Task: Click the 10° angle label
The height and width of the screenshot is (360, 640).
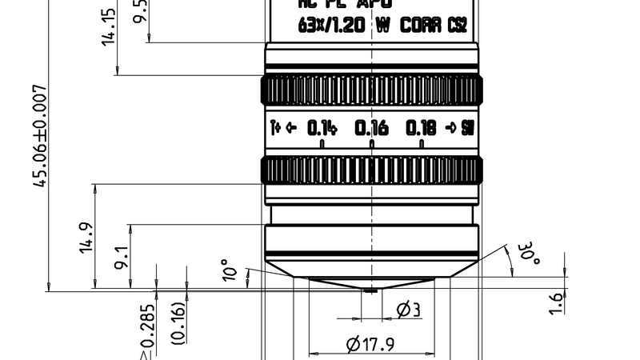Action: (230, 271)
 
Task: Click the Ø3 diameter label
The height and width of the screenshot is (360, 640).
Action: (408, 310)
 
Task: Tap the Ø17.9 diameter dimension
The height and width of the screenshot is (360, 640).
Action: (372, 345)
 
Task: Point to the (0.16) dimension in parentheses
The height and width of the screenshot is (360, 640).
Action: (179, 322)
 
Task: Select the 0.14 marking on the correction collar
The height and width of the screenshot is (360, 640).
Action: (322, 128)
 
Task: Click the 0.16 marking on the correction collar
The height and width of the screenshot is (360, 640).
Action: (371, 128)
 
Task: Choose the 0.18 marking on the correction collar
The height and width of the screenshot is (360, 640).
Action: (421, 128)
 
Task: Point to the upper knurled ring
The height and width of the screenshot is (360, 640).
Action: (372, 90)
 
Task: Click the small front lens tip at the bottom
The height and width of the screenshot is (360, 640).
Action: (370, 290)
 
